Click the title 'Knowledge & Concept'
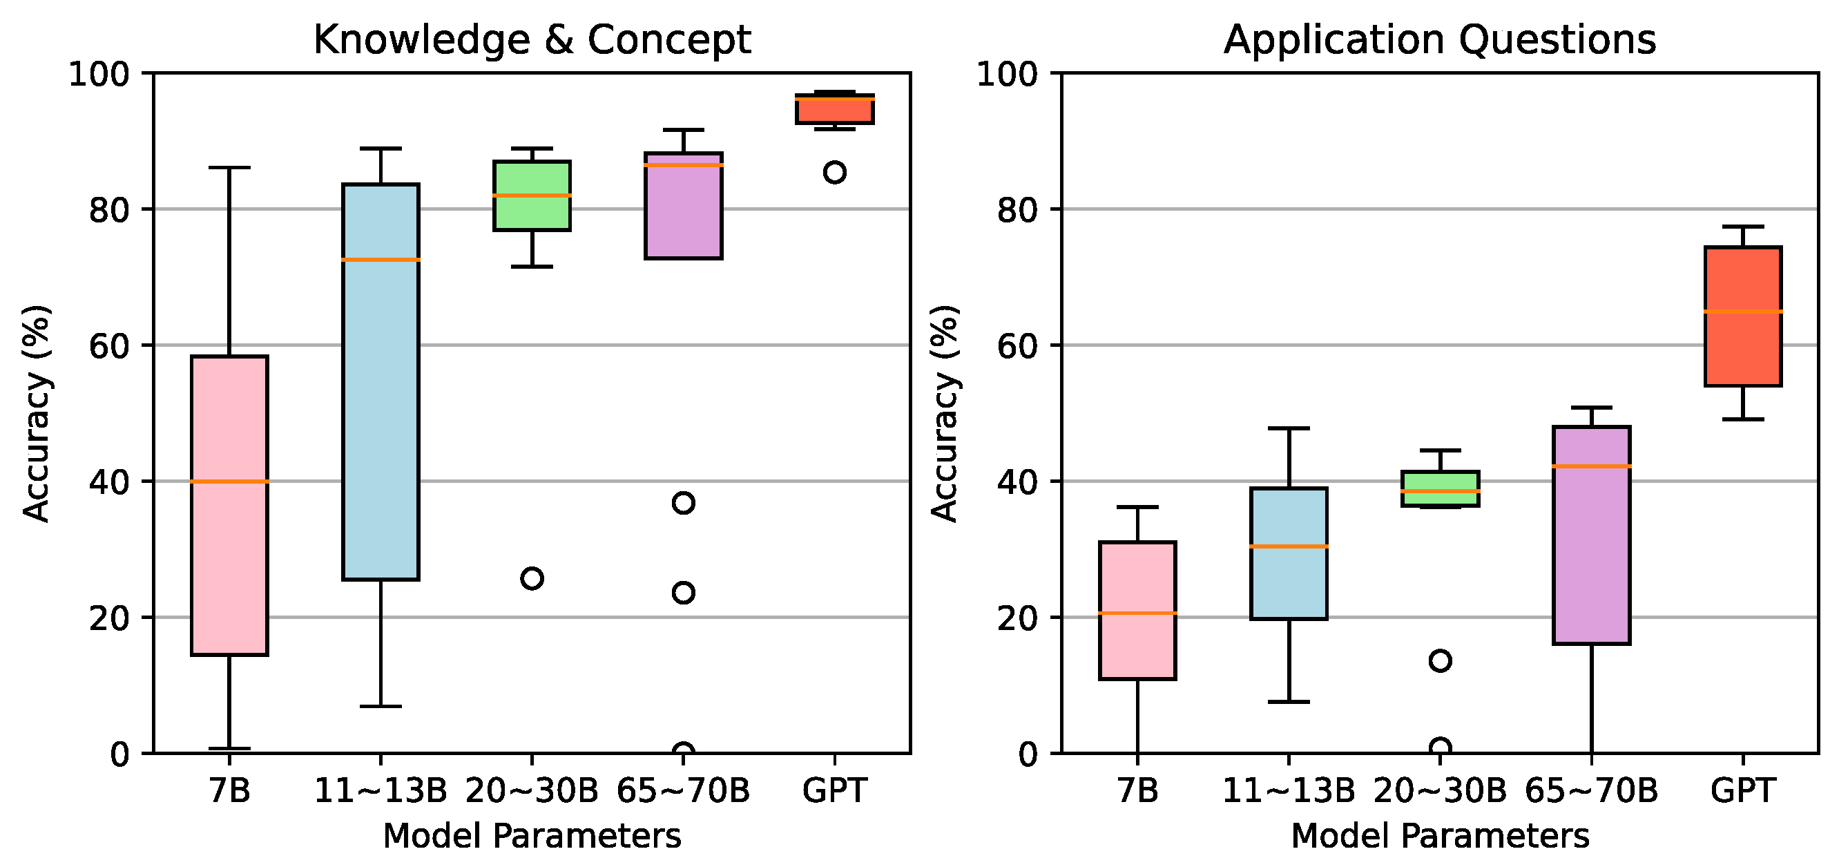pyautogui.click(x=532, y=39)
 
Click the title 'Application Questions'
pyautogui.click(x=1439, y=39)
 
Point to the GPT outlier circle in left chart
pyautogui.click(x=834, y=172)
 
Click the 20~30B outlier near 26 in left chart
pyautogui.click(x=532, y=578)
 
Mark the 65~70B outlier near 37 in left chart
pyautogui.click(x=683, y=503)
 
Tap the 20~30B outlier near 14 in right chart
pyautogui.click(x=1440, y=660)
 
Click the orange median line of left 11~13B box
pyautogui.click(x=381, y=260)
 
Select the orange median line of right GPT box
pyautogui.click(x=1742, y=312)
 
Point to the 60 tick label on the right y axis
pyautogui.click(x=1017, y=346)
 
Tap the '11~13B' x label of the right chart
pyautogui.click(x=1289, y=790)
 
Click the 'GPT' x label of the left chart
pyautogui.click(x=834, y=790)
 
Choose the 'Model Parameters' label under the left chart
pyautogui.click(x=532, y=836)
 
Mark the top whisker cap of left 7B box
pyautogui.click(x=229, y=167)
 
